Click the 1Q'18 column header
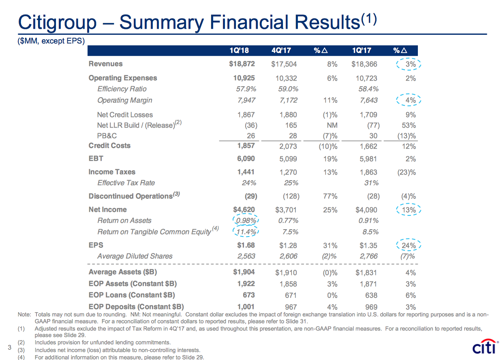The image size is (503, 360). [x=239, y=51]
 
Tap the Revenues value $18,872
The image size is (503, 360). [x=242, y=64]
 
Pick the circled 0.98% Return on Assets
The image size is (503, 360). [x=246, y=221]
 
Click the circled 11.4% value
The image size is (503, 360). [x=246, y=232]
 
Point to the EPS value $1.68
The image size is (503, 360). [x=246, y=245]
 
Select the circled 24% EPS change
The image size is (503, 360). [x=409, y=245]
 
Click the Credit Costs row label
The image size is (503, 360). [x=109, y=146]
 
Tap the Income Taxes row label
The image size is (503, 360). [x=112, y=172]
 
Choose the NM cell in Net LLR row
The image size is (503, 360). [x=332, y=126]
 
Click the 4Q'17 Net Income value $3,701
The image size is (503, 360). [x=285, y=210]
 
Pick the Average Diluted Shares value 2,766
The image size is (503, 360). [x=368, y=256]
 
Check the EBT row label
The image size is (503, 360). [x=96, y=159]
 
